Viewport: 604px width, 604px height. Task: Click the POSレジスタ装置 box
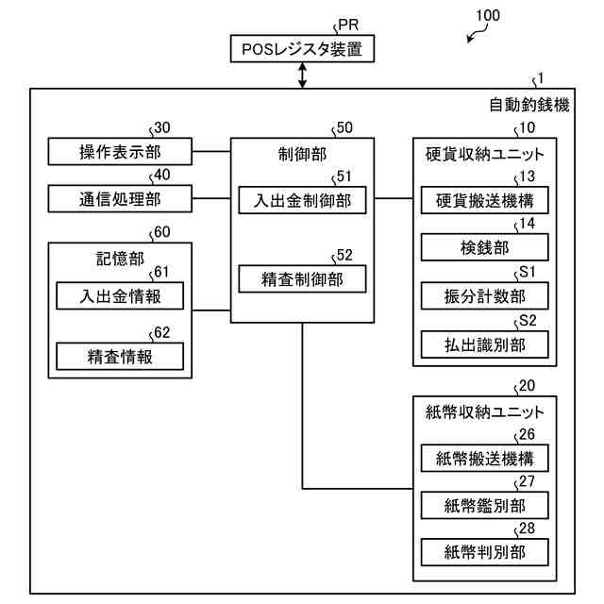click(302, 48)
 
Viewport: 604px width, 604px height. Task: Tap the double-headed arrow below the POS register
click(303, 75)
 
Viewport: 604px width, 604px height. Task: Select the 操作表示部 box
click(120, 151)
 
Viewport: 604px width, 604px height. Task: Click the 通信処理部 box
click(120, 198)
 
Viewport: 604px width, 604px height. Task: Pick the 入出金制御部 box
click(302, 200)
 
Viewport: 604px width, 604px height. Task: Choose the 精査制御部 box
click(302, 278)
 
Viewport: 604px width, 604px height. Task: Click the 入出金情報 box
click(120, 295)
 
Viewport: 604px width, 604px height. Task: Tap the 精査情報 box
click(120, 357)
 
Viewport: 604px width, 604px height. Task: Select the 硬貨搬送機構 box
click(484, 200)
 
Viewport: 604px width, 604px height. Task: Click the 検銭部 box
click(484, 247)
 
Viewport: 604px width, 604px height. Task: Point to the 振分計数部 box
click(484, 295)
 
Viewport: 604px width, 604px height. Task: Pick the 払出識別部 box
click(484, 344)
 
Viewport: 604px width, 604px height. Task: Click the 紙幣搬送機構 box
click(484, 458)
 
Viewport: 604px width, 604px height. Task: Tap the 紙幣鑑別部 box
click(484, 505)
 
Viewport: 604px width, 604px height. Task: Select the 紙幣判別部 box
click(484, 552)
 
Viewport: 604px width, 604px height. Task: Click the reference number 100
click(488, 15)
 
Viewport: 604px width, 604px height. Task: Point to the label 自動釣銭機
click(529, 105)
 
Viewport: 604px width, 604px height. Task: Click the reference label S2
click(528, 321)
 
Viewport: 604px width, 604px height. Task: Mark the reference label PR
click(348, 25)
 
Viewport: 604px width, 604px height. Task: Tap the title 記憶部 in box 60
click(120, 259)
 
